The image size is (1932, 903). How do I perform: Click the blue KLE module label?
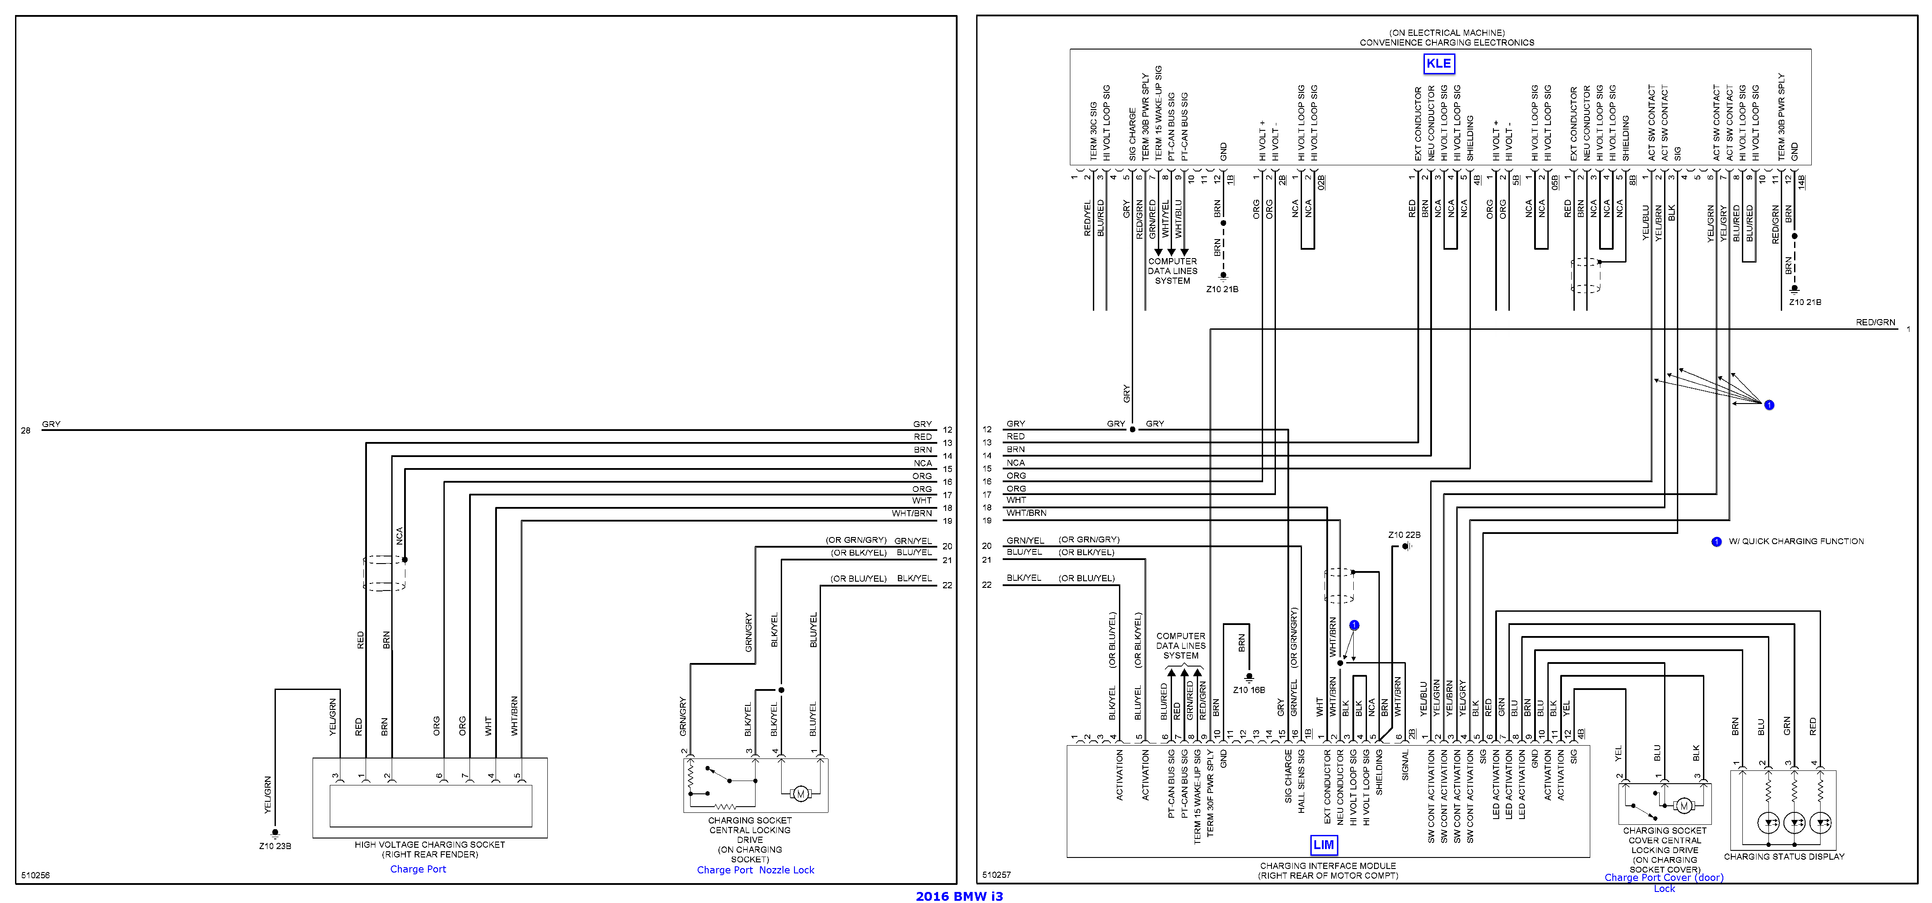coord(1438,64)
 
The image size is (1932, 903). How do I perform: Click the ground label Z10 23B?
coord(275,846)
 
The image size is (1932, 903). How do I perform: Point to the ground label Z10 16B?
coord(1249,690)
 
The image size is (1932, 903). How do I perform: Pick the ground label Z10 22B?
coord(1404,535)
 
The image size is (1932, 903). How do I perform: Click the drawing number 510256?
coord(35,875)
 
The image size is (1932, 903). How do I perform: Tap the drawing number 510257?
coord(997,875)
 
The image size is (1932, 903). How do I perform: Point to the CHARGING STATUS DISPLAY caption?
coord(1783,857)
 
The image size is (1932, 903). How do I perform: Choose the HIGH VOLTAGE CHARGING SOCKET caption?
coord(430,845)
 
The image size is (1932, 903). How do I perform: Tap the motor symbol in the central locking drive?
coord(800,793)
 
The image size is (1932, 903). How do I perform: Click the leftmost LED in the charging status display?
coord(1768,823)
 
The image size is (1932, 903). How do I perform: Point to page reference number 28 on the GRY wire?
coord(26,431)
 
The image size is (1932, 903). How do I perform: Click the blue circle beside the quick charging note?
coord(1716,541)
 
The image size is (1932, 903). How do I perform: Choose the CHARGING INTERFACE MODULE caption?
coord(1328,865)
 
